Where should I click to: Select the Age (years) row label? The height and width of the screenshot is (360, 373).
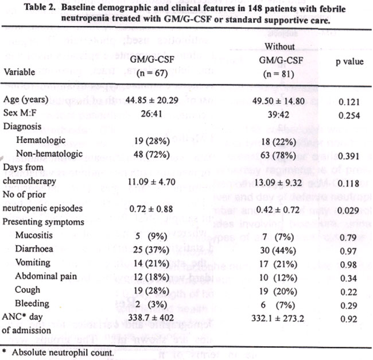26,99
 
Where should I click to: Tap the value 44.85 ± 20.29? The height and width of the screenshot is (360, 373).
151,100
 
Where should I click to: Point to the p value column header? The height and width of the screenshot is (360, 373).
349,62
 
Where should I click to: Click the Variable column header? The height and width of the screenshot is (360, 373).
20,72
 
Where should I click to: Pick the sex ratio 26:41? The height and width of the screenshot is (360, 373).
151,114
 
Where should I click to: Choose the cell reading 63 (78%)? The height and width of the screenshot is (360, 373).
278,156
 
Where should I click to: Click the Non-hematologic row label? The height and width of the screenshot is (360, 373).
49,154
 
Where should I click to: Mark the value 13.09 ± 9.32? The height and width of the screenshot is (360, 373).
278,183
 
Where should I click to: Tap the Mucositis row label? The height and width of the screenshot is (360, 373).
34,235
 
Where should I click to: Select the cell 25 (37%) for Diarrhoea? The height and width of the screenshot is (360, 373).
151,250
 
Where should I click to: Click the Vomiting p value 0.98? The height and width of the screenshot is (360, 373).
348,265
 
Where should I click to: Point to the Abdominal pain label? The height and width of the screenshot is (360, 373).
46,276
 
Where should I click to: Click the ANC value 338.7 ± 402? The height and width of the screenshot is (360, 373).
151,318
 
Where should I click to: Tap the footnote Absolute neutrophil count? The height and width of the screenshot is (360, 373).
63,353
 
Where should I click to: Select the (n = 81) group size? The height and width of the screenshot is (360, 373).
278,74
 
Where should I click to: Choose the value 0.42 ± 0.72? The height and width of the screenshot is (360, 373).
278,210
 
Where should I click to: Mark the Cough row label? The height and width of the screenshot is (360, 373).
28,290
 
